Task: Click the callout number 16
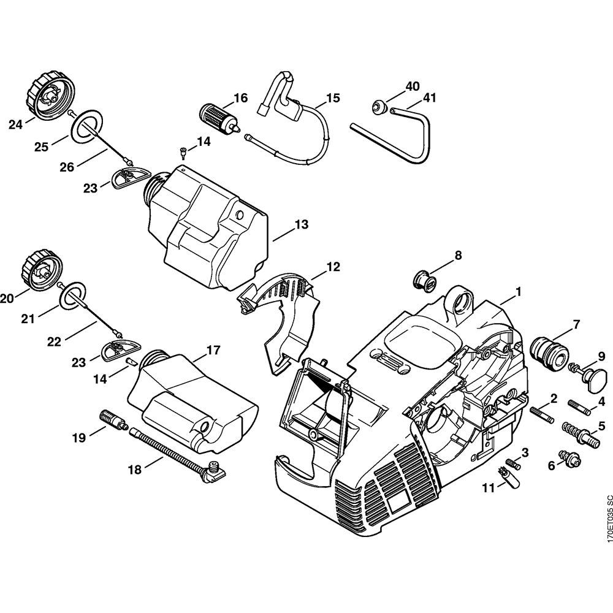[x=240, y=98]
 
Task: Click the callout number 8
[x=458, y=256]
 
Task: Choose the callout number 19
[x=79, y=438]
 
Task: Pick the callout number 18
[x=134, y=470]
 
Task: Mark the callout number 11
[x=488, y=488]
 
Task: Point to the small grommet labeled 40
[x=378, y=105]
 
